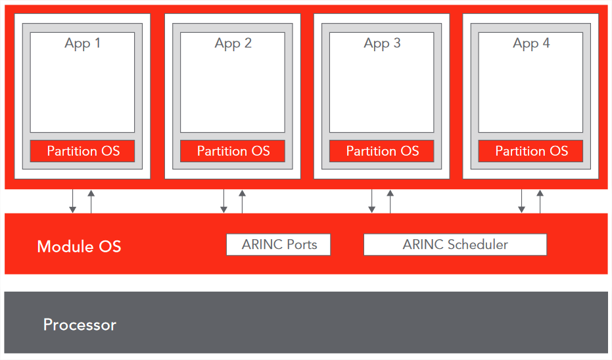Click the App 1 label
click(82, 43)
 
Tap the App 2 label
click(233, 43)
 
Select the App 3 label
click(382, 43)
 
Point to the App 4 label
click(531, 43)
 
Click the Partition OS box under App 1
click(82, 151)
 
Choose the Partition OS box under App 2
click(233, 151)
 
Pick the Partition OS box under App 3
click(382, 151)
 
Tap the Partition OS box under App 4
click(531, 151)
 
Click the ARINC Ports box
click(278, 244)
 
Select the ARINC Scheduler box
click(455, 244)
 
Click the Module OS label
click(80, 246)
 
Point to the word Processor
click(80, 325)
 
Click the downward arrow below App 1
click(72, 201)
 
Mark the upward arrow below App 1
click(91, 201)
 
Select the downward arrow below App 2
click(224, 201)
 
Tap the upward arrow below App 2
click(242, 201)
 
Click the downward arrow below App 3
click(371, 201)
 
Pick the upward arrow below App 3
click(390, 201)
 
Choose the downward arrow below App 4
click(521, 201)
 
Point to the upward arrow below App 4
click(540, 201)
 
